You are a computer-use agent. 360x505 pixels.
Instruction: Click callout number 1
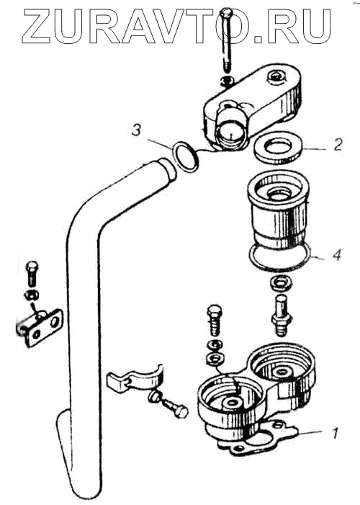point(335,433)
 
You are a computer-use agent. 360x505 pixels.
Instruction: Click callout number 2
point(337,145)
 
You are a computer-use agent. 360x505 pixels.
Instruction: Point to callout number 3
point(137,131)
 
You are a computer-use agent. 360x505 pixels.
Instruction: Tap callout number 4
point(336,255)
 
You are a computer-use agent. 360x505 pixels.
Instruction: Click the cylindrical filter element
point(278,214)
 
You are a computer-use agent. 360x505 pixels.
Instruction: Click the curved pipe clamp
point(135,378)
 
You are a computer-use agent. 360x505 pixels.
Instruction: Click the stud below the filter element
point(281,316)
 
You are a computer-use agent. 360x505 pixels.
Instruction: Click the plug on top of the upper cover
point(276,77)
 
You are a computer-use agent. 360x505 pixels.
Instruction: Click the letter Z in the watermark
point(35,27)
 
